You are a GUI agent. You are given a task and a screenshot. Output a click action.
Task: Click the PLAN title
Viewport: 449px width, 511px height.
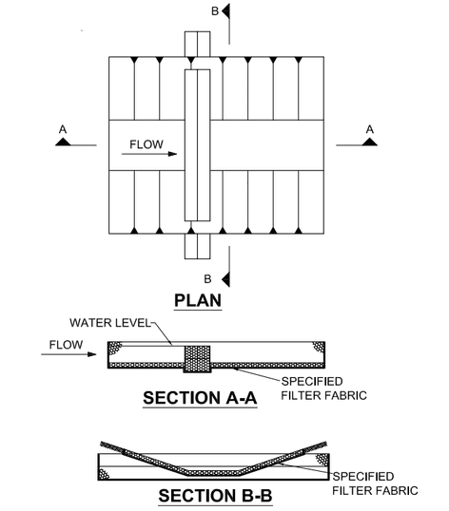198,300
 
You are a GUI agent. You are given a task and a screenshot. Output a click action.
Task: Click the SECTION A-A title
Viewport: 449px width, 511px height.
200,398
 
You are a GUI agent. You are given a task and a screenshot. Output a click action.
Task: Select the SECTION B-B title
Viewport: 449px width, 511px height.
215,496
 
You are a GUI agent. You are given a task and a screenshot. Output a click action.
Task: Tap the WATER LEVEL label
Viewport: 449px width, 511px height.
110,323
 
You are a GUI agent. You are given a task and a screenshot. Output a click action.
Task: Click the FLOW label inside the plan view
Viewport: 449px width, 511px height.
146,144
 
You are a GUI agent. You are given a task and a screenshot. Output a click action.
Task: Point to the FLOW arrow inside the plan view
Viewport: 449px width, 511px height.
149,154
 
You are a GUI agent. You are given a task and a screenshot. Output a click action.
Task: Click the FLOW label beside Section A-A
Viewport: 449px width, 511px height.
66,345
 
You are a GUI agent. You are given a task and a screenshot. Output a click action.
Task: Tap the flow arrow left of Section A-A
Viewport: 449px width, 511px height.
68,354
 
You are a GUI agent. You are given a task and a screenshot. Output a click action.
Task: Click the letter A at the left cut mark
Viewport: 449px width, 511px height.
63,130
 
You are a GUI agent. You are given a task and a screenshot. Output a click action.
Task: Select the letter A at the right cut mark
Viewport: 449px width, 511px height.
369,130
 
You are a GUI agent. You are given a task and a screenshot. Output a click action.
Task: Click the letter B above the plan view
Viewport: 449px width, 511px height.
215,11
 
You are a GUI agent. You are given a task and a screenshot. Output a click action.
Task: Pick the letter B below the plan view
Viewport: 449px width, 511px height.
207,279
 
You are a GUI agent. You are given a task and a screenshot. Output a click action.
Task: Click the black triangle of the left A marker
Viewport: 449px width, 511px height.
63,142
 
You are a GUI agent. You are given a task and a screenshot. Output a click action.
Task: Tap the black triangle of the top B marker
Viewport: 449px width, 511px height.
225,11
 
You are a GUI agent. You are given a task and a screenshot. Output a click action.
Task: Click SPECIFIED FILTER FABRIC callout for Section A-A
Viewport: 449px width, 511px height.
324,388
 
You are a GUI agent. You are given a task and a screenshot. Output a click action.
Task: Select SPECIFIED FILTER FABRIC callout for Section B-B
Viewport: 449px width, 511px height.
375,483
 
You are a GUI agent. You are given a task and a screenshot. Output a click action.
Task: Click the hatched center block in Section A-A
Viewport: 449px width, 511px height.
198,359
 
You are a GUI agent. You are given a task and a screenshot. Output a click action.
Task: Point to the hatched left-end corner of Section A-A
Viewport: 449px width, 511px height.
115,348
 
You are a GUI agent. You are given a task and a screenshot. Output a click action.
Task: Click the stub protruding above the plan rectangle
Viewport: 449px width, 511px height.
198,44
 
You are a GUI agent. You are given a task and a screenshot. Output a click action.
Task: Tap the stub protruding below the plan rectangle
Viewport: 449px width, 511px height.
198,246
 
